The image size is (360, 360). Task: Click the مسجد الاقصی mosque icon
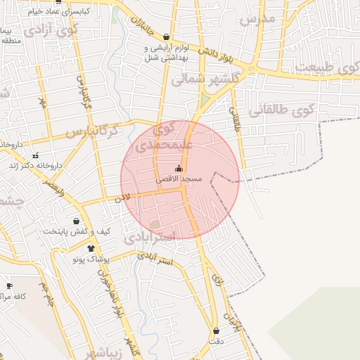[x=178, y=168]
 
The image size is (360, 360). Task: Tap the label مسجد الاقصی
[x=179, y=179]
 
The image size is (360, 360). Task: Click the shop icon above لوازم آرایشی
[x=166, y=37]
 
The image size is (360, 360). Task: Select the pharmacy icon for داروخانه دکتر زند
[x=35, y=155]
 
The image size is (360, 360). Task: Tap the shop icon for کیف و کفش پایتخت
[x=76, y=221]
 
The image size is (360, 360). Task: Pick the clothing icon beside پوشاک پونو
[x=91, y=248]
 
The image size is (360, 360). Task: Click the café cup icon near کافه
[x=9, y=285]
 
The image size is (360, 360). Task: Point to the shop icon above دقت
[x=215, y=330]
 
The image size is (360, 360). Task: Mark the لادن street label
[x=123, y=199]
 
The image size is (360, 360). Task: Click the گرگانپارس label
[x=91, y=131]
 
